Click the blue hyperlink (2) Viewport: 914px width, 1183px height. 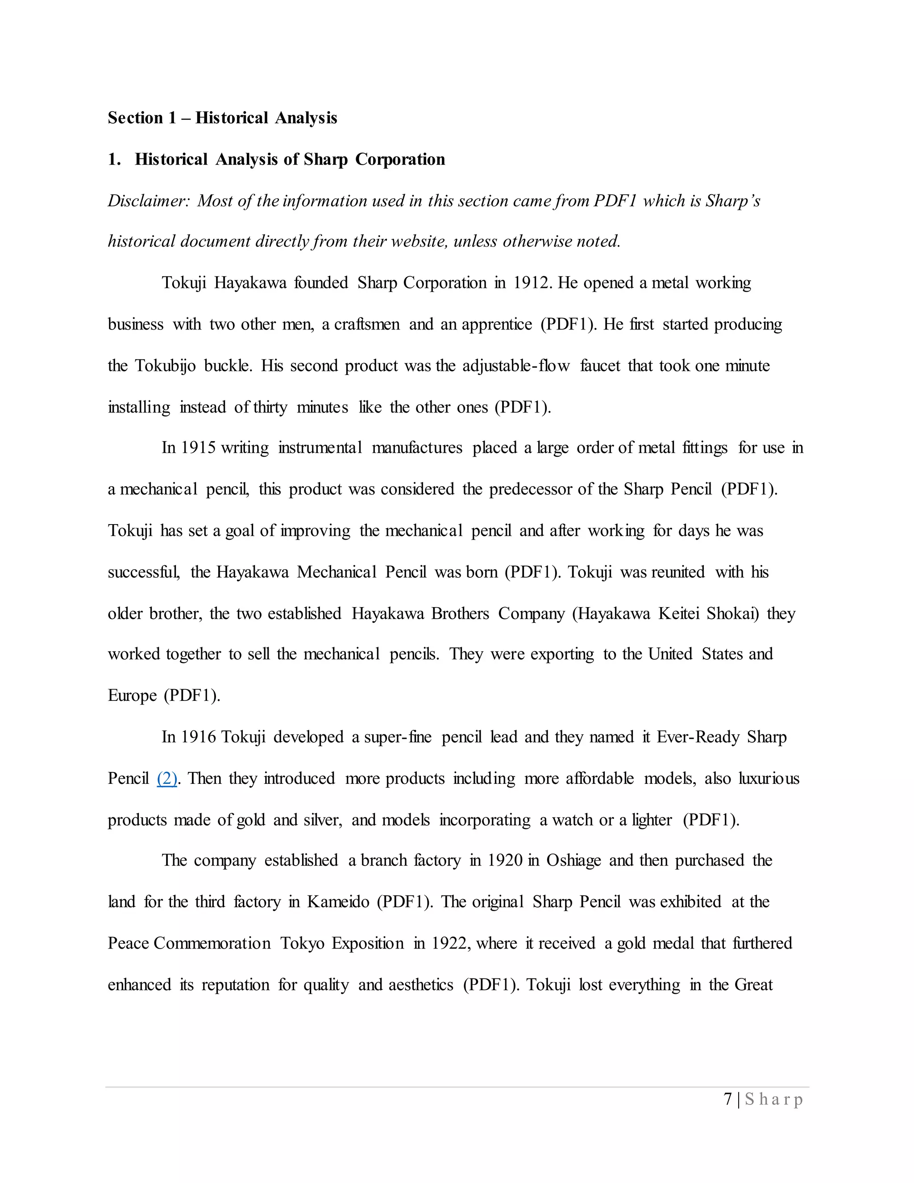coord(167,779)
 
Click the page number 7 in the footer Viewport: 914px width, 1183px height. coord(728,1099)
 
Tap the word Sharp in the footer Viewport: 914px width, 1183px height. coord(774,1100)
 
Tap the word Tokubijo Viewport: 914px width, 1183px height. coord(165,366)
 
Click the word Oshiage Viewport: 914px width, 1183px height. coord(573,860)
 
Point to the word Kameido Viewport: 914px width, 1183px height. coord(338,901)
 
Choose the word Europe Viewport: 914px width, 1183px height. coord(132,696)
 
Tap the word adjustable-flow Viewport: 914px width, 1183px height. coord(516,366)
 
